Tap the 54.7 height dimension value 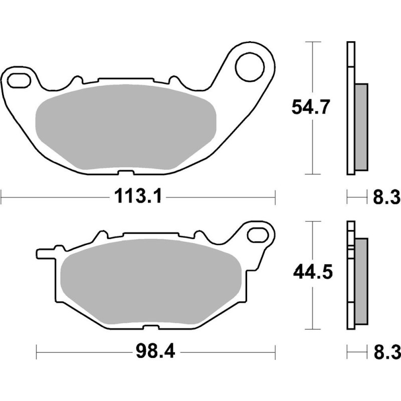pos(311,107)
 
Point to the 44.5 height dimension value pos(311,273)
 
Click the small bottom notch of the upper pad pos(121,174)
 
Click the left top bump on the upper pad pos(77,80)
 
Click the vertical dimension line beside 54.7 pos(313,150)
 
